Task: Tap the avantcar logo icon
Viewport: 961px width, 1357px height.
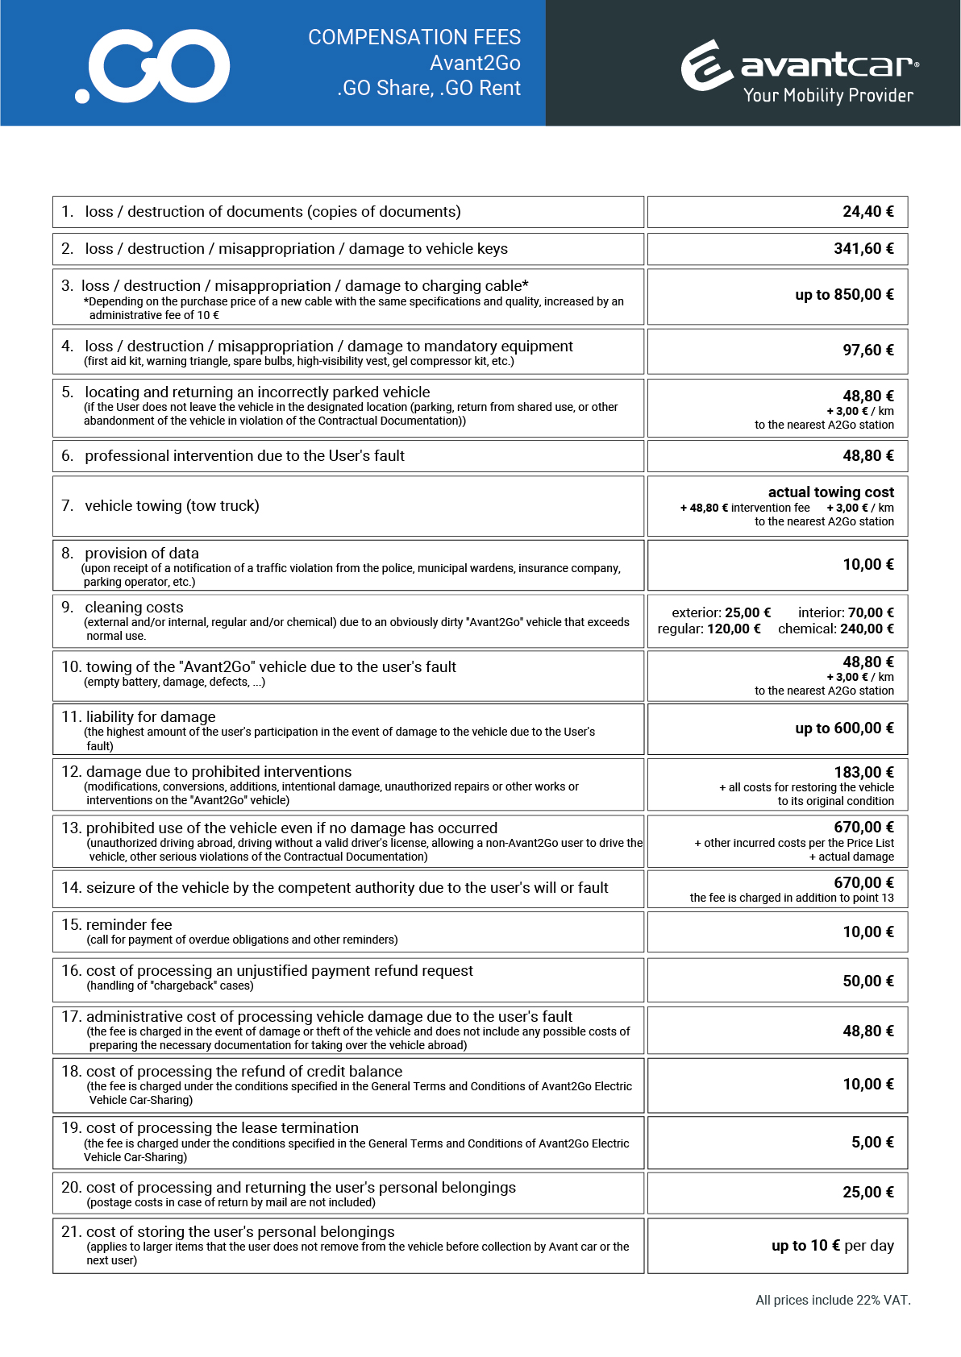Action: click(706, 65)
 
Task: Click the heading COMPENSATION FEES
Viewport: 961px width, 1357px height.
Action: click(414, 37)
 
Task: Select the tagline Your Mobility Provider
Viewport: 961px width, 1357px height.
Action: click(828, 95)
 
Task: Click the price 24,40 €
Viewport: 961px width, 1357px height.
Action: click(867, 212)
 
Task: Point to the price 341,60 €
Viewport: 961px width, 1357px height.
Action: click(863, 249)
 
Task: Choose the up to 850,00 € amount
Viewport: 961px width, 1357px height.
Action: click(844, 295)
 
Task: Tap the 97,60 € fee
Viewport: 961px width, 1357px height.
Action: click(867, 351)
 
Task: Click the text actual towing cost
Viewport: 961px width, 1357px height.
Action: click(830, 492)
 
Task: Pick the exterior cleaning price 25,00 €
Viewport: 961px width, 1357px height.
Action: click(747, 613)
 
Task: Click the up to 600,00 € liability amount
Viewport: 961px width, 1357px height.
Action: click(844, 728)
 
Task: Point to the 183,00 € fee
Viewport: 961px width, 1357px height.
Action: click(863, 773)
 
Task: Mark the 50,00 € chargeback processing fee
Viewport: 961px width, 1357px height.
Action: click(867, 981)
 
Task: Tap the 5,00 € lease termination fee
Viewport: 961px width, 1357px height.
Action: click(872, 1143)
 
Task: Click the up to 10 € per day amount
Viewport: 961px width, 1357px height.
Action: click(832, 1246)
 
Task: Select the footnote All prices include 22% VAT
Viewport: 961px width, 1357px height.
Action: click(833, 1300)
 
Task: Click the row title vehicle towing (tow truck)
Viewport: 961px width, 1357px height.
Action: click(172, 506)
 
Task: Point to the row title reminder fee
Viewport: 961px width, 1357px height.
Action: click(129, 925)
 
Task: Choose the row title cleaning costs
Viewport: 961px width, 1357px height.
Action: click(134, 608)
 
